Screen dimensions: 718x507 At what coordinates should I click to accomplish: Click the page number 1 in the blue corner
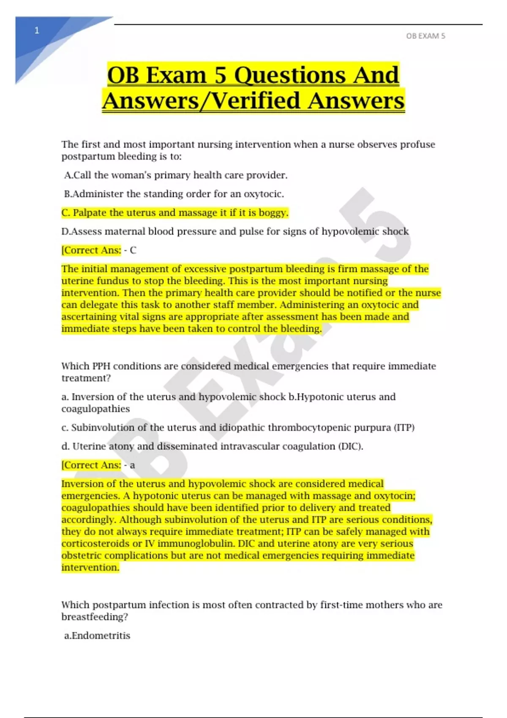click(37, 30)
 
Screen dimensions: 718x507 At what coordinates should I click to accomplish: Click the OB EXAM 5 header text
click(425, 36)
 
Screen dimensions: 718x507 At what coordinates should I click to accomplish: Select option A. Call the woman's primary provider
click(176, 175)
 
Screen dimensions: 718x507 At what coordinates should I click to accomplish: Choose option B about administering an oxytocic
click(174, 194)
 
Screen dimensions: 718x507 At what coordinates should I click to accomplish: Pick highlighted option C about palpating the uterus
click(174, 213)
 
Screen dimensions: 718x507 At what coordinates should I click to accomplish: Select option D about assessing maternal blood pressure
click(235, 231)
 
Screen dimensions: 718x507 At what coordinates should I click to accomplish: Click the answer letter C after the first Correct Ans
click(133, 250)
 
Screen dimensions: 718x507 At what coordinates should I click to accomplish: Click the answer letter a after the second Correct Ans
click(132, 465)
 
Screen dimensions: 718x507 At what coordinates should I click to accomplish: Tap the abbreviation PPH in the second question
click(101, 366)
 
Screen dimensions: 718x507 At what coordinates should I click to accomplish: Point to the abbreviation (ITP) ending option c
click(404, 428)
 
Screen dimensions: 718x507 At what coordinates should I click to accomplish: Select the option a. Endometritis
click(97, 636)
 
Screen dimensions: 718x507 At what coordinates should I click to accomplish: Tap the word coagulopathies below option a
click(95, 409)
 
